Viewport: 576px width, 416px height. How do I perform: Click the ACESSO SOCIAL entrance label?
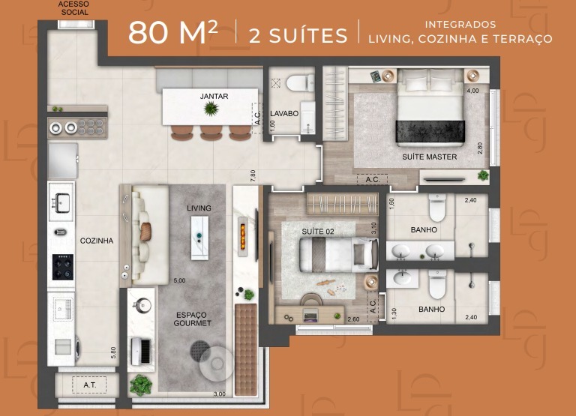(x=74, y=8)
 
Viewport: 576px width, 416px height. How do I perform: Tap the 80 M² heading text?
(x=173, y=33)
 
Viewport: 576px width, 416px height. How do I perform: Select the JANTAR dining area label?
(x=214, y=96)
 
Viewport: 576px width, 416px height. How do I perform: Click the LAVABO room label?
(x=284, y=114)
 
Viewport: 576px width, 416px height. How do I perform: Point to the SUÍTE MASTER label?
(x=429, y=157)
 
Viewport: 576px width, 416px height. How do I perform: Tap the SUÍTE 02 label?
(x=318, y=232)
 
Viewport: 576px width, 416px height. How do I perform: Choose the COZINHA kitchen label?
(x=97, y=241)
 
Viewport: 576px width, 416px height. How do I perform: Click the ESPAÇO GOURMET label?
(x=193, y=319)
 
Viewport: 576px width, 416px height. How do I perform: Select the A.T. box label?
(x=90, y=385)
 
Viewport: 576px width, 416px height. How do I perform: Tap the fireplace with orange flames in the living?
(x=242, y=237)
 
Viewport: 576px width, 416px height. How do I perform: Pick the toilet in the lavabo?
(x=300, y=83)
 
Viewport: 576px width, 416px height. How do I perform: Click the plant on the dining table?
(x=211, y=109)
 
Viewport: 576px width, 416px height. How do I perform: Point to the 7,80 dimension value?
(x=253, y=175)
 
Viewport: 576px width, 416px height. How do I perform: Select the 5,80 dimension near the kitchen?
(x=113, y=353)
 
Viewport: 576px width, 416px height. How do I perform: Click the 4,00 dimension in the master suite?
(x=472, y=91)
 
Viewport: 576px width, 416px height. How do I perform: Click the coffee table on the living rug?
(x=199, y=238)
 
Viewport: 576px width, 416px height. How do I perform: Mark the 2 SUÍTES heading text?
(x=298, y=36)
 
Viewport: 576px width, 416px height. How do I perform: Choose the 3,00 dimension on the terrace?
(x=220, y=394)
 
